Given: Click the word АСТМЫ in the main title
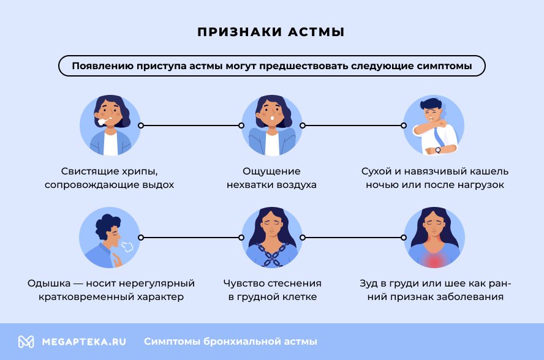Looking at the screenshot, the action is click(x=316, y=32).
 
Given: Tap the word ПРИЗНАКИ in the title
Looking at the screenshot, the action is click(x=240, y=32).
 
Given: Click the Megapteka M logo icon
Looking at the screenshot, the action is click(x=26, y=342).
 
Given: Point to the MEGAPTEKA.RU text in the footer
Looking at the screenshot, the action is click(x=83, y=342).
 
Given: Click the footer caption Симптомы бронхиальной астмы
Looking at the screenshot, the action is click(x=230, y=342).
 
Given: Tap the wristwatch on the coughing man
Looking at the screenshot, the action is click(x=438, y=150).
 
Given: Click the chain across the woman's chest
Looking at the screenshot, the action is click(x=273, y=254).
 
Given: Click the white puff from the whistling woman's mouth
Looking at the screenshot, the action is click(x=102, y=122).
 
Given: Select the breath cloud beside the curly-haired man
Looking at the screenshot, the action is click(x=127, y=246).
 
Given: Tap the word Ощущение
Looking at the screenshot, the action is click(x=271, y=171).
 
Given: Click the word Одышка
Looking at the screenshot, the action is click(x=49, y=283).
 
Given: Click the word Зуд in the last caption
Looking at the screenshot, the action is click(x=368, y=283).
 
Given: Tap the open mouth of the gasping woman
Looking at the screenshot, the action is click(x=273, y=118).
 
